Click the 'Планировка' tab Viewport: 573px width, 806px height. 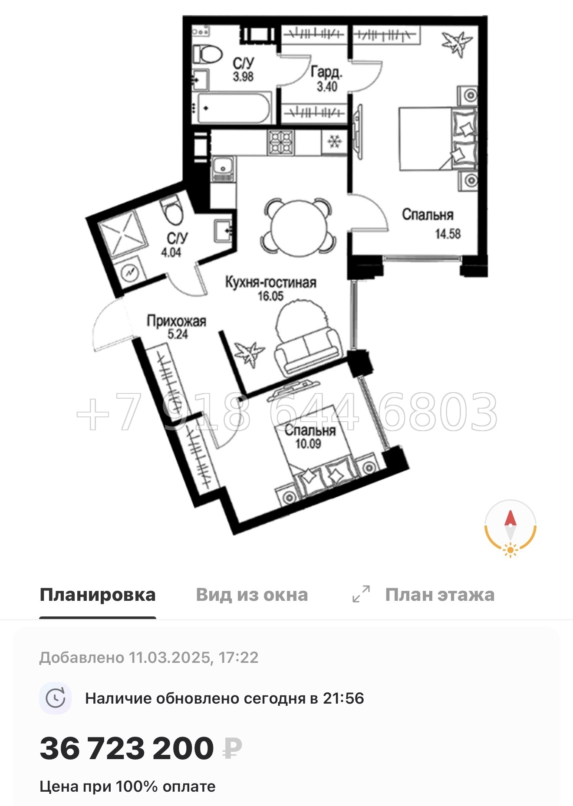(x=97, y=595)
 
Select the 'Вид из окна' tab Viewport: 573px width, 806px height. (x=252, y=595)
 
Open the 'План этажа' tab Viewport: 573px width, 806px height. (x=439, y=595)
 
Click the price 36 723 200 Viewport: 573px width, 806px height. (x=127, y=748)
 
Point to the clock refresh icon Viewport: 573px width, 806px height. (x=55, y=698)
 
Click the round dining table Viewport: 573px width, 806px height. (x=298, y=227)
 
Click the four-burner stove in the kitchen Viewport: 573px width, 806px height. (x=281, y=143)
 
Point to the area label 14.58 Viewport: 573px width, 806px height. (x=448, y=234)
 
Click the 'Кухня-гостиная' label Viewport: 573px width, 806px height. (x=270, y=282)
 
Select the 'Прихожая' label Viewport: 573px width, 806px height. (x=176, y=321)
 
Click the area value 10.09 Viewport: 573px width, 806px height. (x=308, y=444)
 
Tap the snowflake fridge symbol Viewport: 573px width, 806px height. (x=334, y=141)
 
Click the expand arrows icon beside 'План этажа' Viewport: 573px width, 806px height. (x=361, y=594)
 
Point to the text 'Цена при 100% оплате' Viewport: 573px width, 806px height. (x=128, y=786)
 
